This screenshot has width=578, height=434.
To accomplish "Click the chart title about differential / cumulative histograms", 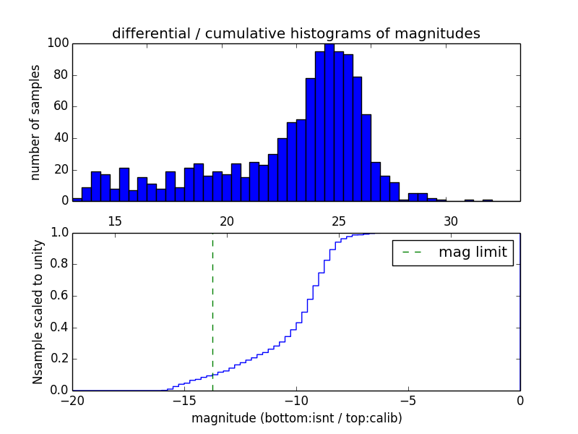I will point(296,34).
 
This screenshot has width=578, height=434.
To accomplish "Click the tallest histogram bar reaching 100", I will point(329,123).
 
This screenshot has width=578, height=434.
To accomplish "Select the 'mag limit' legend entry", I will point(453,253).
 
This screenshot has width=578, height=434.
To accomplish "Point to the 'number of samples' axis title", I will point(35,122).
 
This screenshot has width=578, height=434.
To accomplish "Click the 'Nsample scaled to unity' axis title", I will point(38,312).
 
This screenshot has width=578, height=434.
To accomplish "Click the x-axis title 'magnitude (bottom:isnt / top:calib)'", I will point(296,418).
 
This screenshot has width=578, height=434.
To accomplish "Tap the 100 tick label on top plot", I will point(59,43).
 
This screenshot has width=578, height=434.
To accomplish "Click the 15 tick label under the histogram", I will point(115,221).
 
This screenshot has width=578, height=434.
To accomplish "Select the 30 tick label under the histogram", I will point(451,221).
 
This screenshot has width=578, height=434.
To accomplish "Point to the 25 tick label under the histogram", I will point(339,221).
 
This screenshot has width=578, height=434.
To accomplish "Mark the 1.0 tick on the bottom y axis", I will point(59,233).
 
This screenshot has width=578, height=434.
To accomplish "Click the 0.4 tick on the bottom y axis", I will point(59,328).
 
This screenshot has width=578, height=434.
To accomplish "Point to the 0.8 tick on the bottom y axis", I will point(59,265).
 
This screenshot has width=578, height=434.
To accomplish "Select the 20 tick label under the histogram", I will point(227,221).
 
